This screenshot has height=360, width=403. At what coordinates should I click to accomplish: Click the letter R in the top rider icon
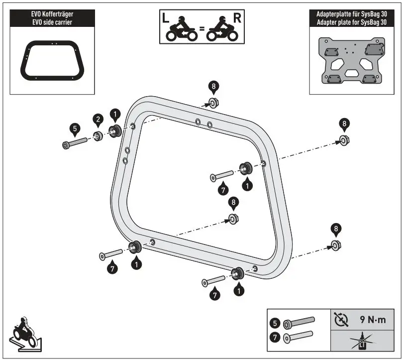click(237, 19)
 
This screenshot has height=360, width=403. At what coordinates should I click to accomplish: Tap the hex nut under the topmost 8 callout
click(214, 104)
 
